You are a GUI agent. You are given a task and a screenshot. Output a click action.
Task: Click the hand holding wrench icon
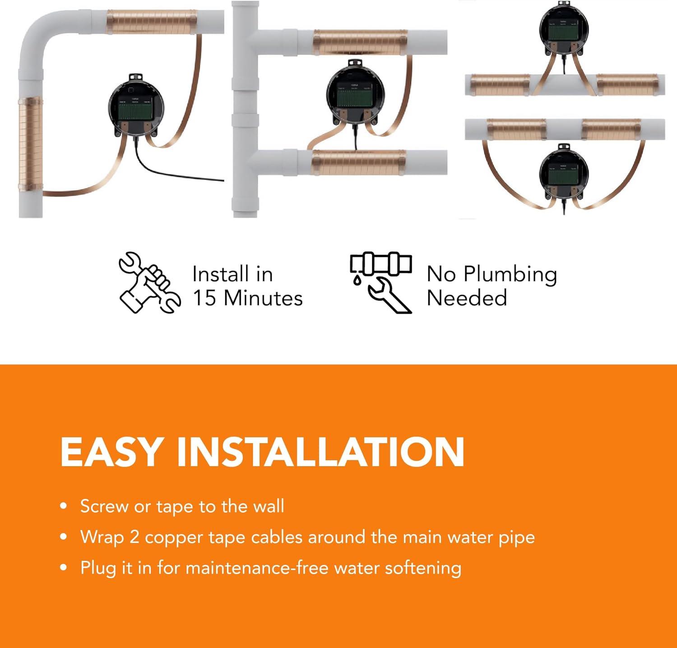click(149, 283)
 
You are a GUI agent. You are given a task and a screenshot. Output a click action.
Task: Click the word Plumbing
click(510, 275)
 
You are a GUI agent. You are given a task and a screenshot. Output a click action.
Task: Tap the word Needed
click(467, 298)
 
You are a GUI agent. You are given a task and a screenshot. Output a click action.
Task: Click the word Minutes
click(263, 298)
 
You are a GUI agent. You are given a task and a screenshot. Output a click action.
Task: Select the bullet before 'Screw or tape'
click(64, 506)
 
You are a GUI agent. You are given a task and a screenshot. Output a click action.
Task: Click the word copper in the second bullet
click(173, 537)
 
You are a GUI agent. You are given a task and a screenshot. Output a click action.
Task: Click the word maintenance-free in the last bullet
click(256, 568)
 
